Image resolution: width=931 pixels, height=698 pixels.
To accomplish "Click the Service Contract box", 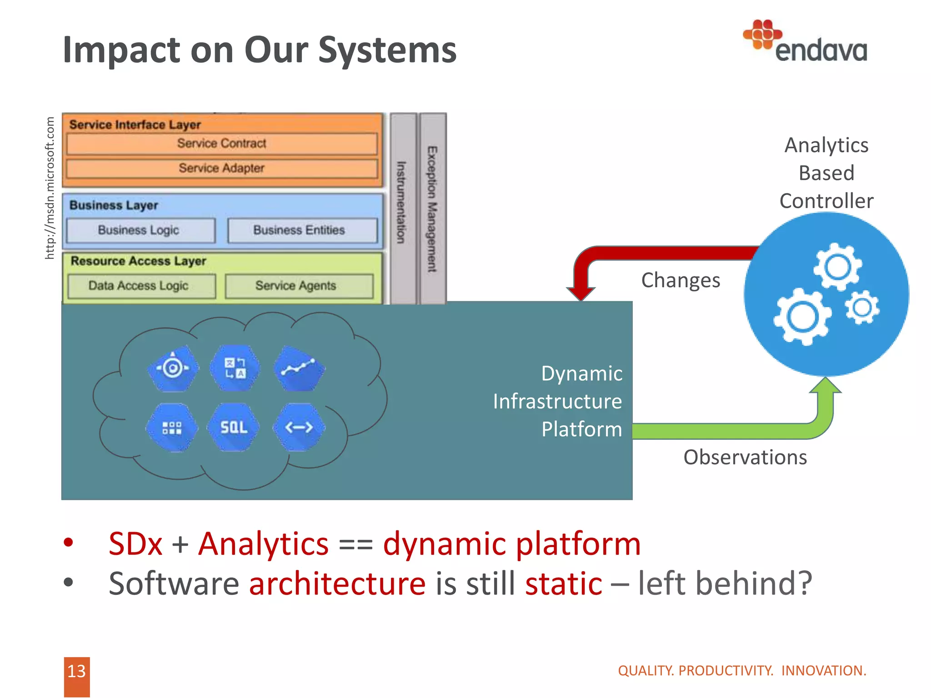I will pos(222,144).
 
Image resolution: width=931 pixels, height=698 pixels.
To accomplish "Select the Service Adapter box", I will pos(222,169).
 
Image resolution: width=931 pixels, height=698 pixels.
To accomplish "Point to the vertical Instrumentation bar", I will pos(402,204).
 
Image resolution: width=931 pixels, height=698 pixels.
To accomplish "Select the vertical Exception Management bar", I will pos(432,209).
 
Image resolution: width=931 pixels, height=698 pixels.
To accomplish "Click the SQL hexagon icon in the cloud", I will pos(234,427).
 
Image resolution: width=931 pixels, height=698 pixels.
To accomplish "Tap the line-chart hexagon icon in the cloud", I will pos(299,368).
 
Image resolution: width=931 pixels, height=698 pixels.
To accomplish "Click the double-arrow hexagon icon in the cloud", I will pos(299,427).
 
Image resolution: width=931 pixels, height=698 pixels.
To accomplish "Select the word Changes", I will pos(681,280).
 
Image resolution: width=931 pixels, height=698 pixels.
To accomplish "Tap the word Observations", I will pos(745,457).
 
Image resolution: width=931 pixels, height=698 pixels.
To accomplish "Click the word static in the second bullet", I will pos(564,584).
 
